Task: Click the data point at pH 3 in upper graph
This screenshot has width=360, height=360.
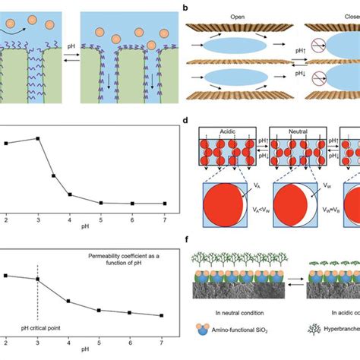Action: (x=37, y=138)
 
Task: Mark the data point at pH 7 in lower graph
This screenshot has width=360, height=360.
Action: (x=162, y=316)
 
